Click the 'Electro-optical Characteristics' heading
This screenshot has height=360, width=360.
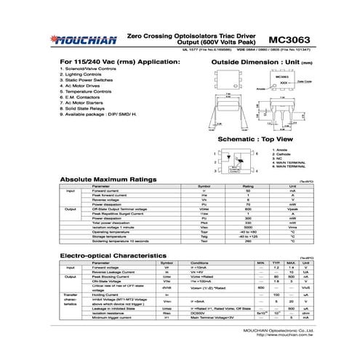(x=118, y=257)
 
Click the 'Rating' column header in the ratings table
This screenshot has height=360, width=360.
(x=247, y=186)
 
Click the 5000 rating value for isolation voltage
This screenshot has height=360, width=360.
(x=247, y=226)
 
